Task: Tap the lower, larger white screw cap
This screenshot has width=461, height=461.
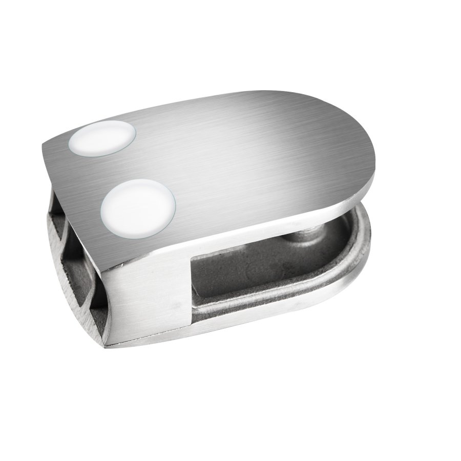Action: pos(138,205)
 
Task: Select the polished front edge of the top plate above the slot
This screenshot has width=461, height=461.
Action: pos(266,230)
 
